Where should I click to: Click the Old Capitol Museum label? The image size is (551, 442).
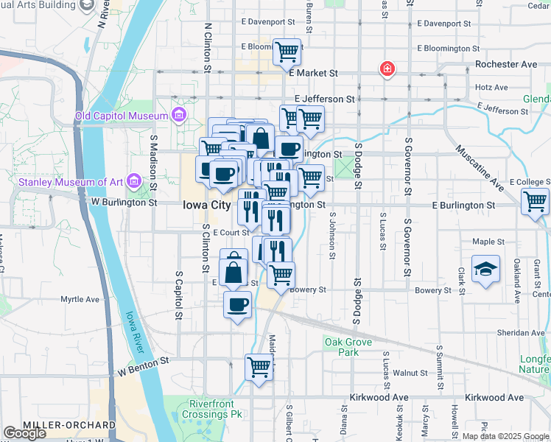[122, 116]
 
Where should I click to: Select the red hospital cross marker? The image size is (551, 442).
[386, 70]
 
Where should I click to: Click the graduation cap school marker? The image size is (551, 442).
[485, 269]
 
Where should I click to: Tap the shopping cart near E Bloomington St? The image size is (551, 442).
[287, 52]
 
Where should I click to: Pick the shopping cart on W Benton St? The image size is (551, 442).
[259, 367]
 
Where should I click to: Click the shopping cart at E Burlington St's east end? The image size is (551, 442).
[535, 201]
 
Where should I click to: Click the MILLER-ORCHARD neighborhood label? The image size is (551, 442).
[69, 425]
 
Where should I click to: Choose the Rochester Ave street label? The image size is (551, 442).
[506, 64]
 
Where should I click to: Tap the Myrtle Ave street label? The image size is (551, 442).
[80, 300]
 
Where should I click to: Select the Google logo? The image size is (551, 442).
[24, 433]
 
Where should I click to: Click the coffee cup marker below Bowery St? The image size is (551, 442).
[237, 305]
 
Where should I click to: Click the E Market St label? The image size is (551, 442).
[313, 73]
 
